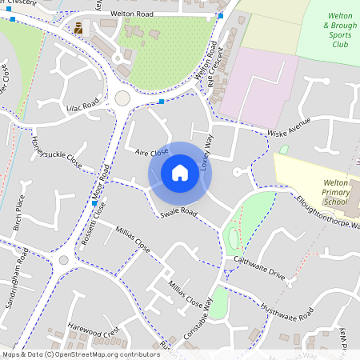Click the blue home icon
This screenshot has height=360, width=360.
tap(180, 173)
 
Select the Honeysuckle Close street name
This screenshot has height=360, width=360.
tap(56, 150)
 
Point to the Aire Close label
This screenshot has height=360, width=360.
tap(151, 151)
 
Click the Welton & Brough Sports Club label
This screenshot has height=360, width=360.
tap(330, 35)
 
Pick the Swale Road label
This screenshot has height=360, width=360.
tap(178, 213)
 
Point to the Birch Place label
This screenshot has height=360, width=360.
tap(20, 211)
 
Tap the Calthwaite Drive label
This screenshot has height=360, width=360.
tap(259, 268)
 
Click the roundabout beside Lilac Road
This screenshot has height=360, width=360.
tap(122, 98)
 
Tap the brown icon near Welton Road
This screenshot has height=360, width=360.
tap(78, 29)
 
